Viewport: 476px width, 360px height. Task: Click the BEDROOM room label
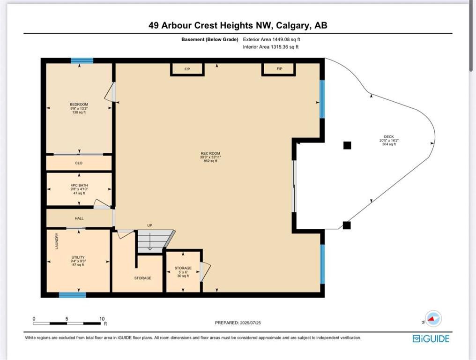[x=79, y=105]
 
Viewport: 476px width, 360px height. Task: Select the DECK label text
[x=388, y=137]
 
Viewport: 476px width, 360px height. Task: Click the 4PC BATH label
[x=79, y=185]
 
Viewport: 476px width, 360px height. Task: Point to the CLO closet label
[x=79, y=163]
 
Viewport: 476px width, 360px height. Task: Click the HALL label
[x=79, y=218]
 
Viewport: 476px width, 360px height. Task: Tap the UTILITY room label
[x=78, y=257]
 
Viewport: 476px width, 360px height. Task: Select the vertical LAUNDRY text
[x=57, y=241]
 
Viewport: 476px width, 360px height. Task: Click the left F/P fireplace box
[x=187, y=69]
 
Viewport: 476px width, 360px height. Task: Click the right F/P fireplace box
[x=279, y=69]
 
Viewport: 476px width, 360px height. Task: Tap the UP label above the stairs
[x=150, y=225]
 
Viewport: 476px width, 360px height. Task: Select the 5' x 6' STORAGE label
[x=183, y=268]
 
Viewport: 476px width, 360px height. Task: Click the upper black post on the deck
[x=347, y=145]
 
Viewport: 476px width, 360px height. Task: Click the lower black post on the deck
[x=346, y=225]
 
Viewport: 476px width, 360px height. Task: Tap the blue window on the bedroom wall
[x=82, y=60]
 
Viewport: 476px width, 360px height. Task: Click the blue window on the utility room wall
[x=72, y=295]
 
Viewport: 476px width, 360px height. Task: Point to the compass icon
[x=433, y=319]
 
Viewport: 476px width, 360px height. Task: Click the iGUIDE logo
[x=431, y=338]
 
